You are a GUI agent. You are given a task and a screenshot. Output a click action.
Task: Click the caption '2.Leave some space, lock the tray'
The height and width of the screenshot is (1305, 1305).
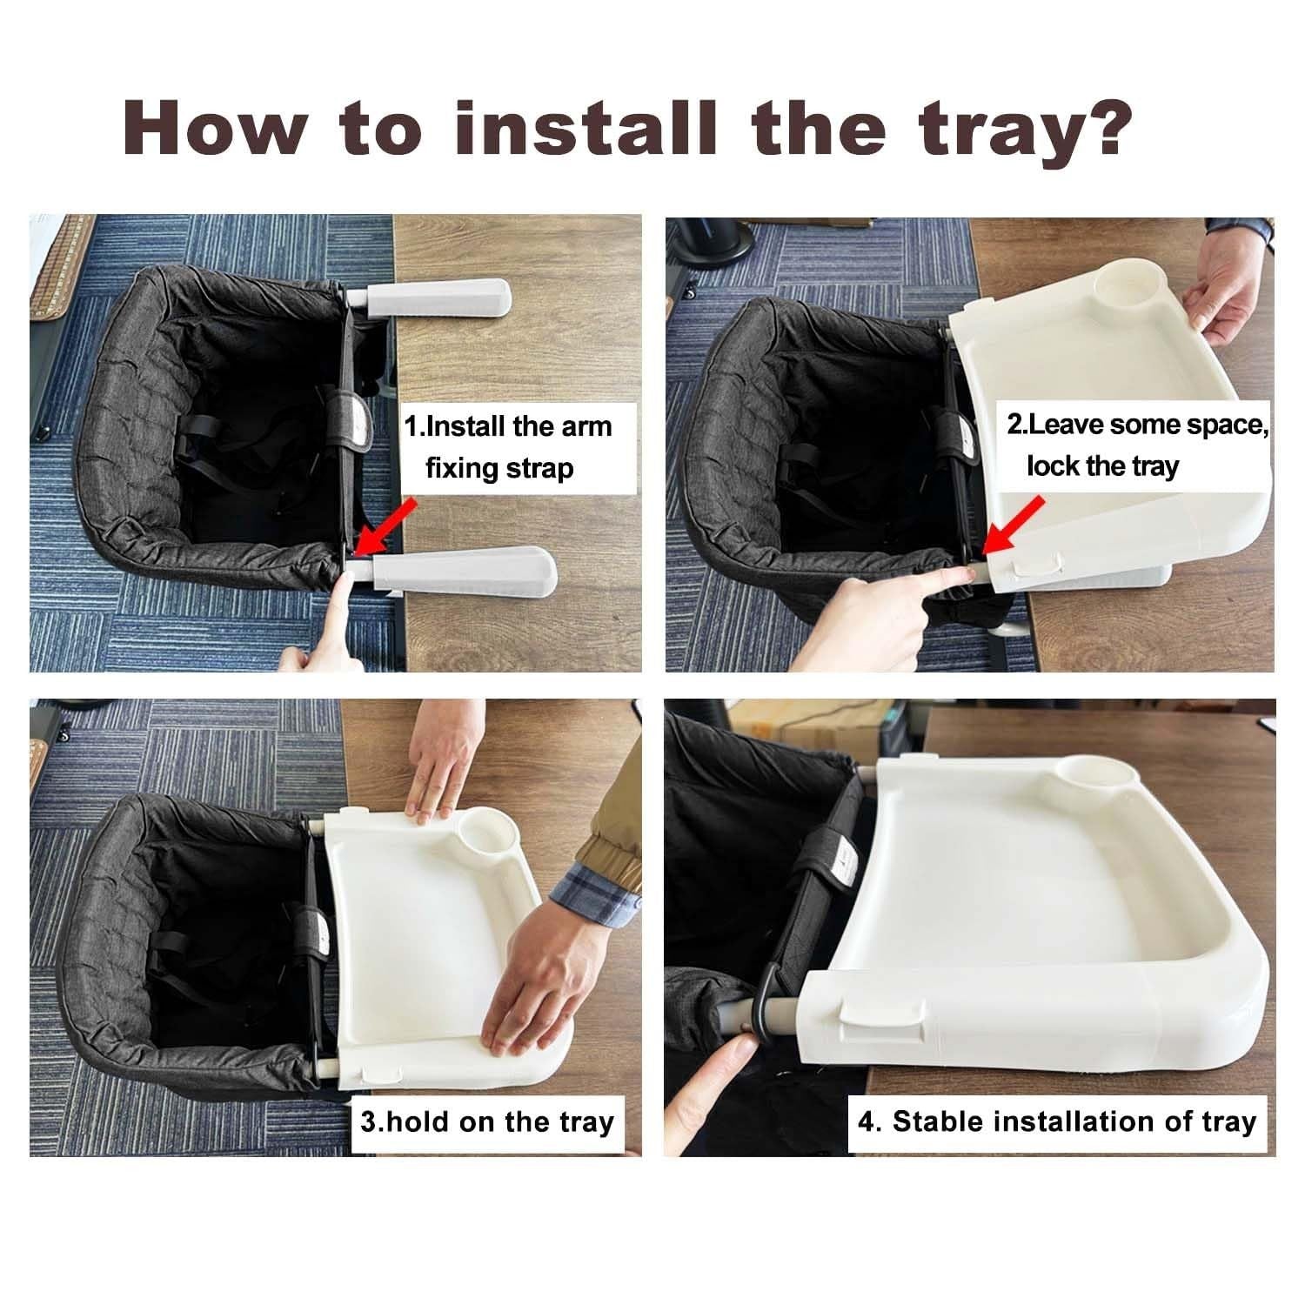(1131, 445)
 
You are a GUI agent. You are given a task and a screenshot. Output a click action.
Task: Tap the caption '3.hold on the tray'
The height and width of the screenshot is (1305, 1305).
(487, 1121)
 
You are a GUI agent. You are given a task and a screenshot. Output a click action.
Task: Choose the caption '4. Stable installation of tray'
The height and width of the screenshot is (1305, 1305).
(1057, 1121)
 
